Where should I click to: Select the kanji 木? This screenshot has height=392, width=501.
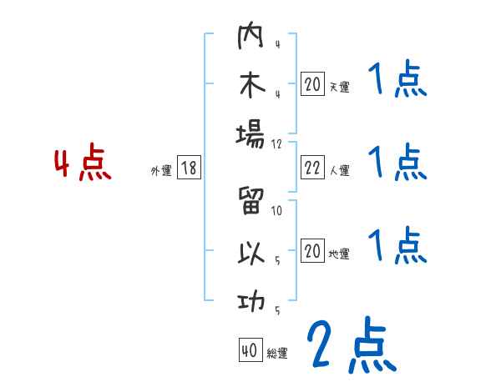coord(250,86)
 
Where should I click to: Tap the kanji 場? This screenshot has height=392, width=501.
coord(250,133)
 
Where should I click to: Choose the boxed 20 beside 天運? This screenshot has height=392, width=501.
coord(312,85)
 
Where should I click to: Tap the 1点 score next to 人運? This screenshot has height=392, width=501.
coord(397,163)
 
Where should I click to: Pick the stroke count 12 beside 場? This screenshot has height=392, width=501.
coord(277,143)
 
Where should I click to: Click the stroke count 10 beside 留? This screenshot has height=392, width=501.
coord(277,211)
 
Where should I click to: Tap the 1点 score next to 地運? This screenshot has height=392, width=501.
coord(397,246)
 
